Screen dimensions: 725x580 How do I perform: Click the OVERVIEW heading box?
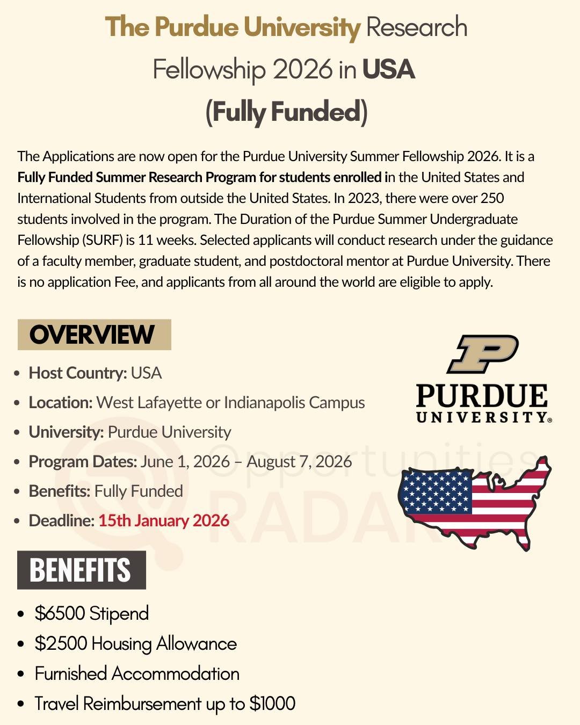pyautogui.click(x=94, y=335)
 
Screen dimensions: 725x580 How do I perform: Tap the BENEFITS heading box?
pyautogui.click(x=81, y=570)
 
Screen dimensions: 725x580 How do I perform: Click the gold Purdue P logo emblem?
pyautogui.click(x=483, y=354)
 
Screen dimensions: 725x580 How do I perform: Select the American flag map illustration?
pyautogui.click(x=475, y=502)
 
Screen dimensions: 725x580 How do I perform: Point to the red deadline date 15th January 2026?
pyautogui.click(x=163, y=520)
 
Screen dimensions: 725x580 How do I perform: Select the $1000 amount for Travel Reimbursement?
pyautogui.click(x=272, y=704)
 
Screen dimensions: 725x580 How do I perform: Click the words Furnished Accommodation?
pyautogui.click(x=137, y=673)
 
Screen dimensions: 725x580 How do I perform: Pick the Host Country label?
pyautogui.click(x=77, y=373)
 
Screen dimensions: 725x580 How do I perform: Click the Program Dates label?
pyautogui.click(x=83, y=461)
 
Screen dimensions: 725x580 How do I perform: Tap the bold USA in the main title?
pyautogui.click(x=388, y=69)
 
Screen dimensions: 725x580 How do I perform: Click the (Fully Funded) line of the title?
pyautogui.click(x=287, y=112)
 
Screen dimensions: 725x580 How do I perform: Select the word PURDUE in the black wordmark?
pyautogui.click(x=482, y=396)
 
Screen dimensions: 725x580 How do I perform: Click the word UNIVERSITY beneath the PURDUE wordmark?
pyautogui.click(x=482, y=417)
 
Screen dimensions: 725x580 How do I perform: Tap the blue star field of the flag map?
pyautogui.click(x=437, y=490)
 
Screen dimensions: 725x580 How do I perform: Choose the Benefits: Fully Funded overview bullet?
pyautogui.click(x=106, y=491)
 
